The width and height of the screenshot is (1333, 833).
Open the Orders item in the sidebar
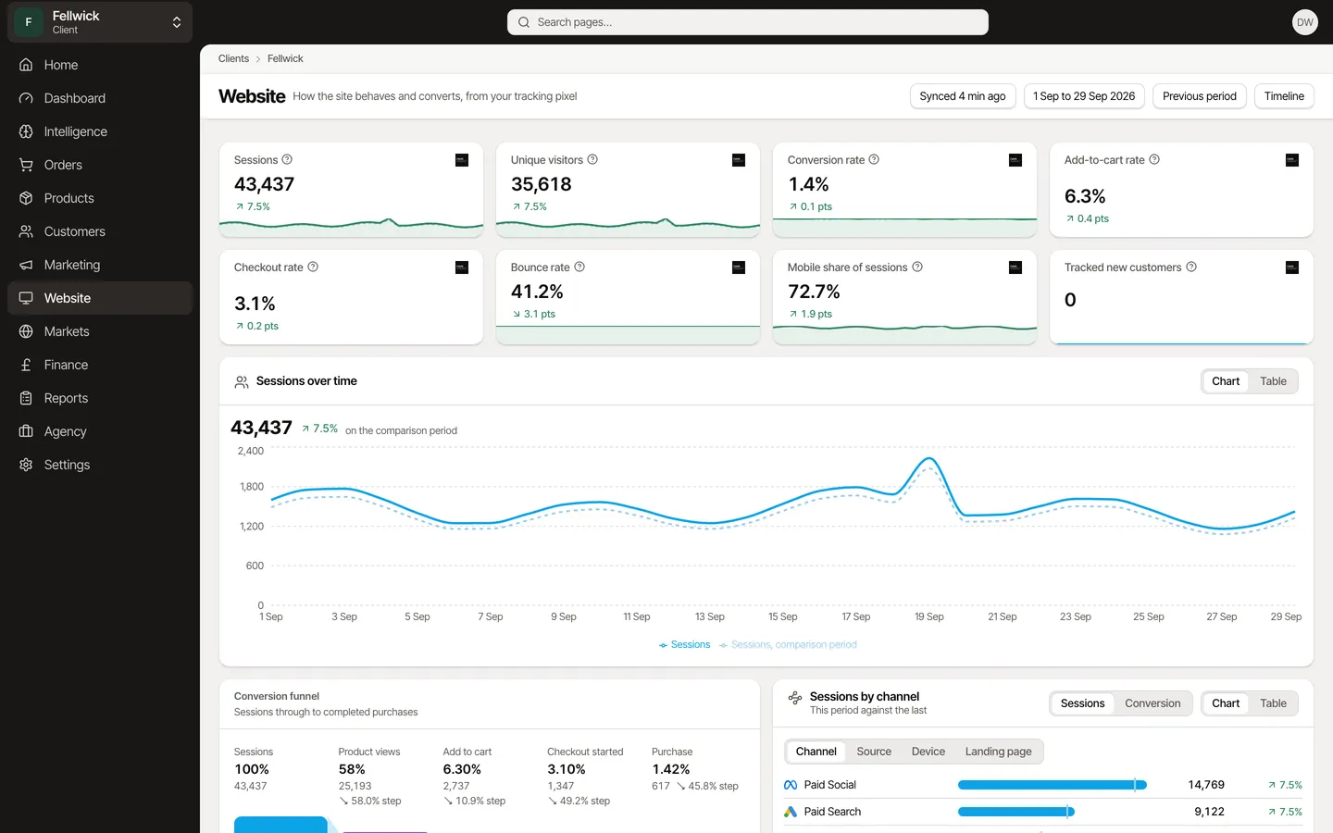point(63,165)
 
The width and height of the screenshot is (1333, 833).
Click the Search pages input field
point(747,22)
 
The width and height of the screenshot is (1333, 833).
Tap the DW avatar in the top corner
point(1304,22)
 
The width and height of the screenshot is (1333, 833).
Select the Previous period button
point(1199,96)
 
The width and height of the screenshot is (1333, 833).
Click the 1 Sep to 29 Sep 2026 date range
point(1084,96)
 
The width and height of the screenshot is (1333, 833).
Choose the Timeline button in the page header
point(1284,96)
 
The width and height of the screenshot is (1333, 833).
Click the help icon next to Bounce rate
point(579,267)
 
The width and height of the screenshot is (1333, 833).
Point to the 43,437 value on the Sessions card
point(264,184)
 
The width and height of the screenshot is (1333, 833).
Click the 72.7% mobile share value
point(814,292)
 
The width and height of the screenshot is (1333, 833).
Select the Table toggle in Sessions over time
point(1273,381)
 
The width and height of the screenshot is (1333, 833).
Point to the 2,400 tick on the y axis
point(251,451)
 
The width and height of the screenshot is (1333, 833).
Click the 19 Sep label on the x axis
point(929,617)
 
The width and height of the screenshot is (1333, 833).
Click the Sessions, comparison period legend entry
point(787,644)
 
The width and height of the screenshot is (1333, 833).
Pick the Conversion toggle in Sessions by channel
point(1152,703)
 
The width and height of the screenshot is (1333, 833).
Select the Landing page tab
point(998,752)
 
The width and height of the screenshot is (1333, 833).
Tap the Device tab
point(928,752)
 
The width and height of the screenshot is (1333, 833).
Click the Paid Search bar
point(1015,812)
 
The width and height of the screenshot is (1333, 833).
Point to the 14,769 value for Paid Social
point(1205,785)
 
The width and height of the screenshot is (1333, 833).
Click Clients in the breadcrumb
point(233,58)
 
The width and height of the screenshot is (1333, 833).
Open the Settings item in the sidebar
point(67,465)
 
